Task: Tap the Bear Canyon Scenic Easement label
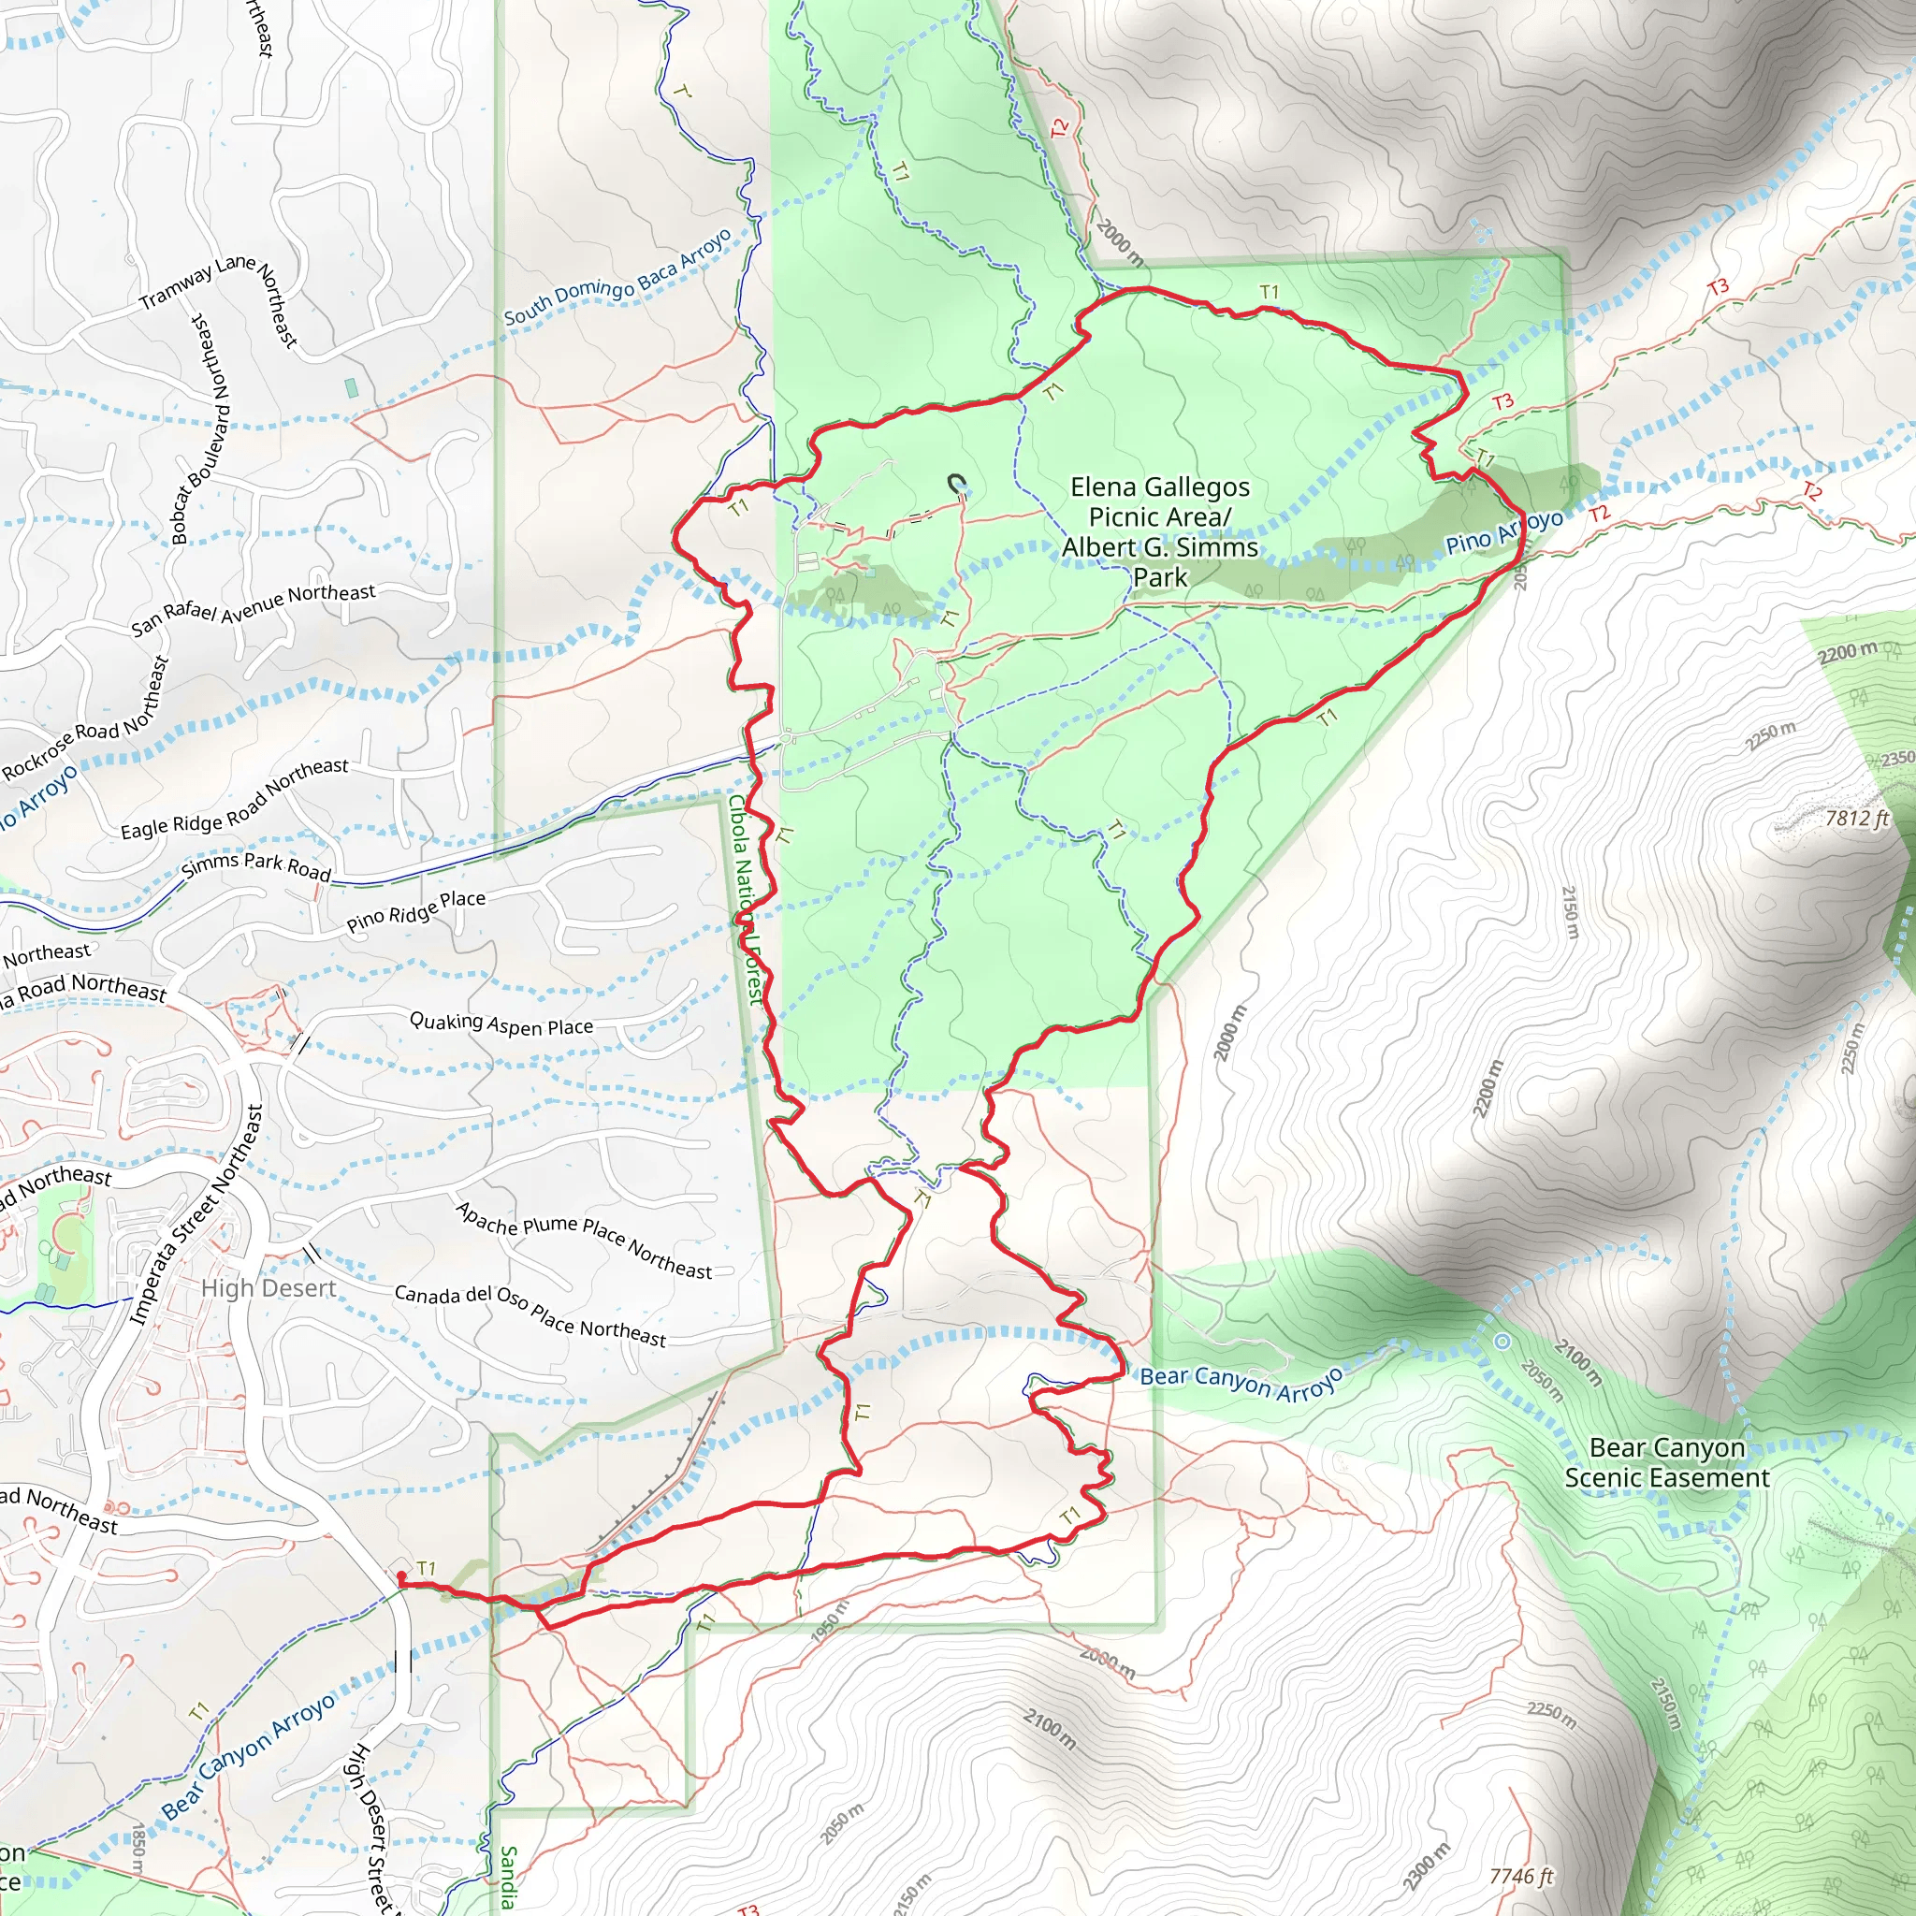(1666, 1463)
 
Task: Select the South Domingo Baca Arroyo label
(617, 278)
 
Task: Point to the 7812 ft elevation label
(1856, 819)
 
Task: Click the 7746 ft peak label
(1520, 1877)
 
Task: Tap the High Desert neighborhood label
(269, 1288)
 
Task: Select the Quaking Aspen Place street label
(501, 1023)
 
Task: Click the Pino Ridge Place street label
(415, 910)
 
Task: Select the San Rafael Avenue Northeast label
(253, 609)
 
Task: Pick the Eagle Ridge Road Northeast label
(234, 797)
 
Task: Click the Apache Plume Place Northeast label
(583, 1240)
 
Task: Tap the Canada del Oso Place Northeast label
(530, 1315)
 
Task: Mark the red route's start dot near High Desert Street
(400, 1576)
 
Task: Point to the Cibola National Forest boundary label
(746, 898)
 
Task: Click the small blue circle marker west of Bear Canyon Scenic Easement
(1502, 1342)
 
